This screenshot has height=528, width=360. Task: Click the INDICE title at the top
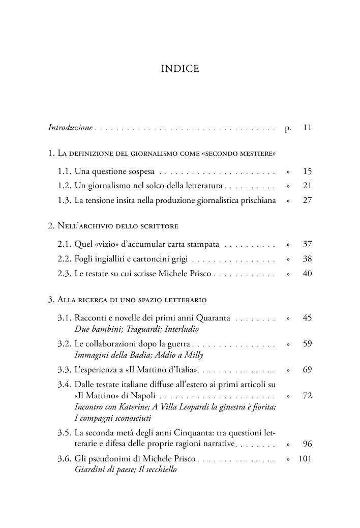[180, 69]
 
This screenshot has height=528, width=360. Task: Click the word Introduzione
[70, 127]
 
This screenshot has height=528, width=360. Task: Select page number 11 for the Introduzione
[307, 127]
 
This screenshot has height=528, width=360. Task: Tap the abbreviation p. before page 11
[288, 127]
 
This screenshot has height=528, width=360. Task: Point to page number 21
[307, 186]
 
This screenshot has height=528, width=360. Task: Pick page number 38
[307, 259]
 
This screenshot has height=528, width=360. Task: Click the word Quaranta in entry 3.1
[214, 318]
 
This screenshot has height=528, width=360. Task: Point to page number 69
[307, 370]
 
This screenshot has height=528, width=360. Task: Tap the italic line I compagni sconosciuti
[113, 418]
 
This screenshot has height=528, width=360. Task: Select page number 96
[307, 444]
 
